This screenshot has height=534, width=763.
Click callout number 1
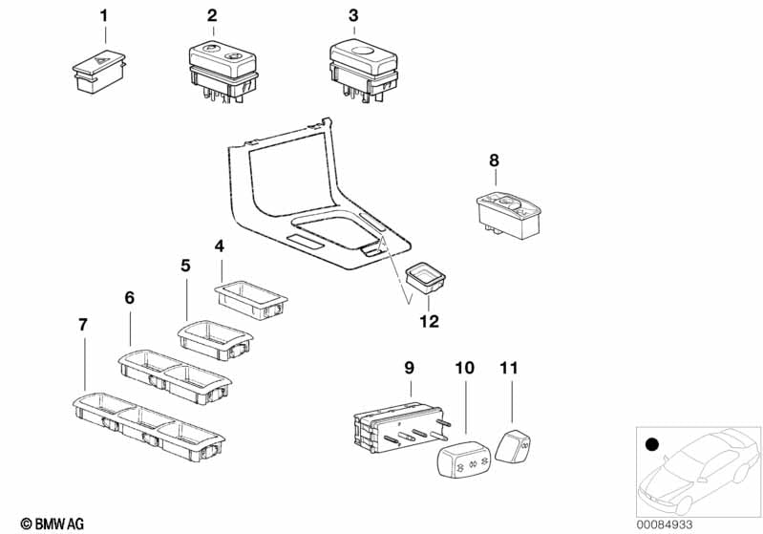(105, 15)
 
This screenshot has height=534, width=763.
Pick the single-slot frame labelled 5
(216, 340)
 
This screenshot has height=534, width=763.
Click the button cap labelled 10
(462, 459)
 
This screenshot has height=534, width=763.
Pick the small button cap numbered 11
(516, 445)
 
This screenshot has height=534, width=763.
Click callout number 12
(429, 322)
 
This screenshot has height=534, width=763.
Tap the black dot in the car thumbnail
(652, 444)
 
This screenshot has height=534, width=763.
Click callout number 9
(409, 367)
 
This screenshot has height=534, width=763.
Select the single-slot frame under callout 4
(250, 296)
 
